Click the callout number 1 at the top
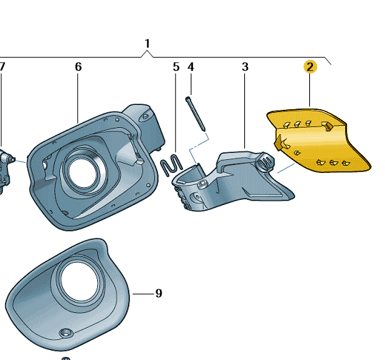[147, 44]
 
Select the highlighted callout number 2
[310, 67]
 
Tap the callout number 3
[245, 67]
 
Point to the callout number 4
[191, 67]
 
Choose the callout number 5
[176, 67]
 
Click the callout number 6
[78, 67]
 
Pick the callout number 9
[159, 293]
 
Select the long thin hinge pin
[196, 114]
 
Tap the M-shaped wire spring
[171, 166]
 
